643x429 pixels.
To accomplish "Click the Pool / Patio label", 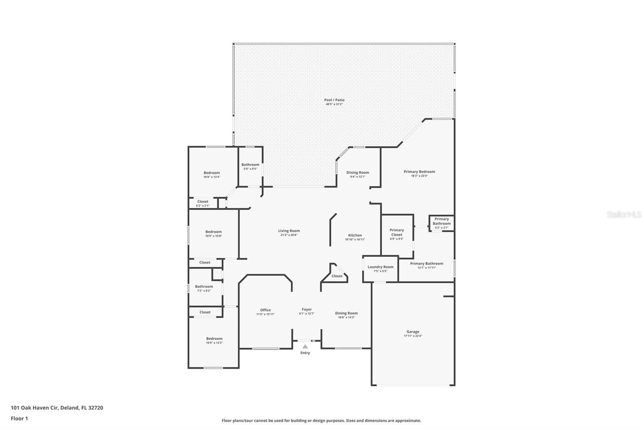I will click(x=334, y=100).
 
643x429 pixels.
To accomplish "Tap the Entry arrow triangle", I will click(x=305, y=346).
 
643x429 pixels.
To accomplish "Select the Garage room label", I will click(x=413, y=332).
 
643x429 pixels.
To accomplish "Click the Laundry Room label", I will click(x=380, y=267).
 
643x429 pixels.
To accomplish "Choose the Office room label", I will click(x=265, y=310).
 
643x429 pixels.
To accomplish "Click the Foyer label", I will click(x=307, y=310).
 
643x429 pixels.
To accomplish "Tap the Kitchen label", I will click(x=355, y=235).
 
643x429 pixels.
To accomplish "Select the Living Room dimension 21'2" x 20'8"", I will click(x=289, y=235).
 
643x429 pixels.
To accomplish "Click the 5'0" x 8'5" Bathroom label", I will click(x=250, y=165).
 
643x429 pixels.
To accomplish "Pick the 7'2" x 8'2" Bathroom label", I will click(x=204, y=287).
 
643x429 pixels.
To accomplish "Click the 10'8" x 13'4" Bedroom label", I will click(x=211, y=173).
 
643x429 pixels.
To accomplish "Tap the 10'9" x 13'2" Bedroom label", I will click(x=214, y=339).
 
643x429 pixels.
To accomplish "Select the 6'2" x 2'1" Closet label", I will click(x=203, y=202).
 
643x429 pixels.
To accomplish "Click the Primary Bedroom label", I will click(x=419, y=172).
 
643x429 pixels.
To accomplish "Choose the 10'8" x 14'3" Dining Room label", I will click(x=346, y=313).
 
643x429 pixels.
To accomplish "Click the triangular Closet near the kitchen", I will click(x=337, y=276).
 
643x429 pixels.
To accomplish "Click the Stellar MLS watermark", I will click(x=624, y=215).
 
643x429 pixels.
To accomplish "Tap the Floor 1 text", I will click(x=19, y=419).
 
